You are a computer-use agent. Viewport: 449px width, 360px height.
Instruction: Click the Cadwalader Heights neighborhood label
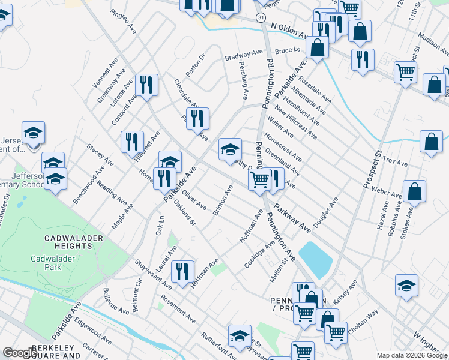[74, 242]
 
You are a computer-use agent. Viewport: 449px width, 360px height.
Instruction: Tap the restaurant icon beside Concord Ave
[146, 84]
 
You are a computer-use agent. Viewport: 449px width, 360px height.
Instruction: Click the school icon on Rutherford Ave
[240, 335]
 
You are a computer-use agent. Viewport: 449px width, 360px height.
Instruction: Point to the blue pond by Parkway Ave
[315, 257]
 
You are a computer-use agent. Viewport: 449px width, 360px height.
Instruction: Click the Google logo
[20, 353]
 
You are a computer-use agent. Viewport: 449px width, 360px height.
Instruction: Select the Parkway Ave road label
[292, 219]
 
